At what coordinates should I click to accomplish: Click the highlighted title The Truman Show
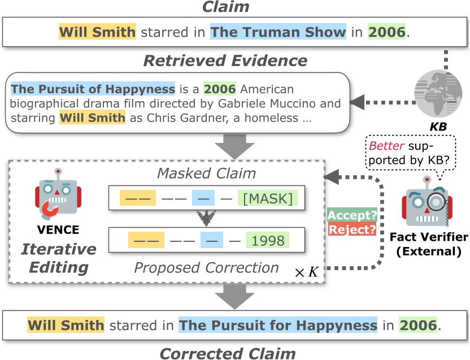pos(277,32)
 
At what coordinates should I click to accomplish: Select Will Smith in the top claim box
pos(97,32)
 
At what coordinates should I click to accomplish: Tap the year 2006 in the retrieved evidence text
pos(219,89)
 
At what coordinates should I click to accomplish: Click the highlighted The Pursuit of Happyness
pos(93,89)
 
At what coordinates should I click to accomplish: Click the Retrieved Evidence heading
pos(225,60)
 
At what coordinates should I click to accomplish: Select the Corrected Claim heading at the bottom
pos(227,354)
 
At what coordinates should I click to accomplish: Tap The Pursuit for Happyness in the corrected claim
pos(277,326)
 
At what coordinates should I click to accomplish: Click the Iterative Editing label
pos(59,257)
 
